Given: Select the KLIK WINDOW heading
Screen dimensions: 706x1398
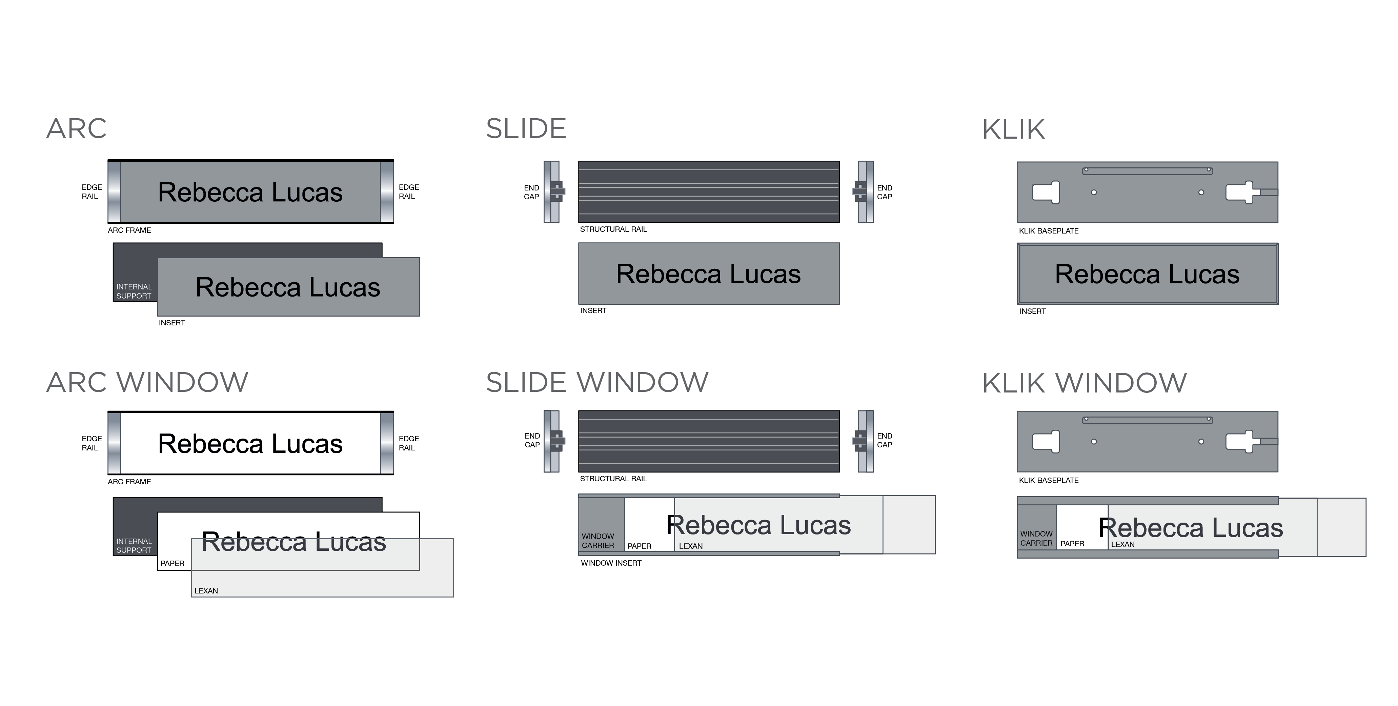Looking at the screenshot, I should [1084, 383].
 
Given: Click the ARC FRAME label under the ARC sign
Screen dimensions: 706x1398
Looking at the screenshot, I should [129, 230].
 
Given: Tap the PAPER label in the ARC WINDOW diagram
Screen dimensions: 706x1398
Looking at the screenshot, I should [173, 563].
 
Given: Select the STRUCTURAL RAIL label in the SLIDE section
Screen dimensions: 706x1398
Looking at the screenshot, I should [613, 229].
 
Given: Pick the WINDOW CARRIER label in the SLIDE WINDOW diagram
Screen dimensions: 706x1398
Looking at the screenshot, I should [598, 541].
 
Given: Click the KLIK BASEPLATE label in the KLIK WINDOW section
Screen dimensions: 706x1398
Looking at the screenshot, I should [1049, 480].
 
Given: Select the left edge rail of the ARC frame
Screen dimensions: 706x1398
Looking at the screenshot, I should [114, 191].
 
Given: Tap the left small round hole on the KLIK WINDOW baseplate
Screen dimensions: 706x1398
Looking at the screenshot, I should [1094, 442].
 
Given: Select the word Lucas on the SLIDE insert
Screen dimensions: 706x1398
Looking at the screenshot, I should [765, 274].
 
